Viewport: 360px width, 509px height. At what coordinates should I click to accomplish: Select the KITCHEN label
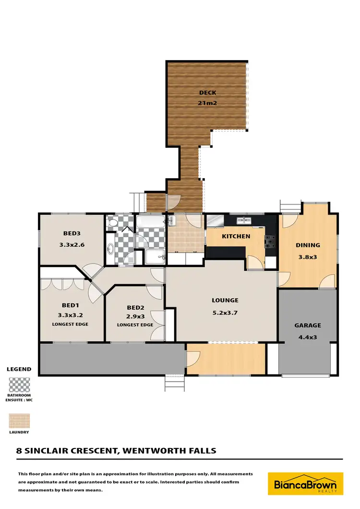pos(236,236)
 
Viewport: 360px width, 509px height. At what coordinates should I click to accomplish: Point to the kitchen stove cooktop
pos(271,240)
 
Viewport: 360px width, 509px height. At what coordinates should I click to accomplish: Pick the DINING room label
pos(308,245)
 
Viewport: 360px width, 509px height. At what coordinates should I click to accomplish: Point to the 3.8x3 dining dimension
pos(308,256)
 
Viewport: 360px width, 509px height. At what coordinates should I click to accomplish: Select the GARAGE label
pos(308,325)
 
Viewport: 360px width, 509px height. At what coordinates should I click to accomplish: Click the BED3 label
pos(72,234)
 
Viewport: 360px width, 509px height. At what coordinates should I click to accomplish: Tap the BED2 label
pos(135,307)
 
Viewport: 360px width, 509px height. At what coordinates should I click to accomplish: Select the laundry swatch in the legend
pos(19,421)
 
